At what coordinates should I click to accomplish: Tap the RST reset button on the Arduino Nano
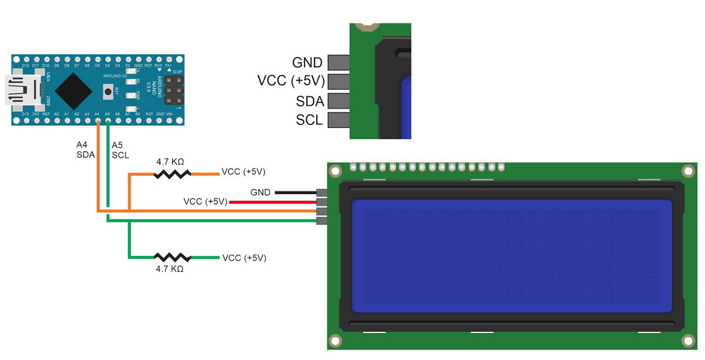click(108, 91)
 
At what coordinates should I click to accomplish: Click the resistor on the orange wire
click(172, 174)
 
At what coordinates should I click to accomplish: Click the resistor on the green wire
click(172, 257)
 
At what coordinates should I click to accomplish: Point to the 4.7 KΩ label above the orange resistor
click(171, 161)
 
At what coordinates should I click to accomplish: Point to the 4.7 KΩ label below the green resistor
click(170, 269)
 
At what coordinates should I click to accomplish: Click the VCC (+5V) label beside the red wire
click(205, 201)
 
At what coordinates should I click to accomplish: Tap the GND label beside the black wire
click(260, 192)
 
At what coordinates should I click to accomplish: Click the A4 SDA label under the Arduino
click(85, 149)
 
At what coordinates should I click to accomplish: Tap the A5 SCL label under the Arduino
click(120, 150)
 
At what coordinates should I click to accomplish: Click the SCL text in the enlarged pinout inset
click(309, 120)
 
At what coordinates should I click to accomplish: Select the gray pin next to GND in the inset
click(338, 62)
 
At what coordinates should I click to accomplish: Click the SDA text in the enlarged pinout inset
click(310, 101)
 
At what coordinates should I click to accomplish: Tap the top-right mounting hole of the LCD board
click(688, 171)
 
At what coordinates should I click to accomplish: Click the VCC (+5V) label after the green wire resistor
click(244, 258)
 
